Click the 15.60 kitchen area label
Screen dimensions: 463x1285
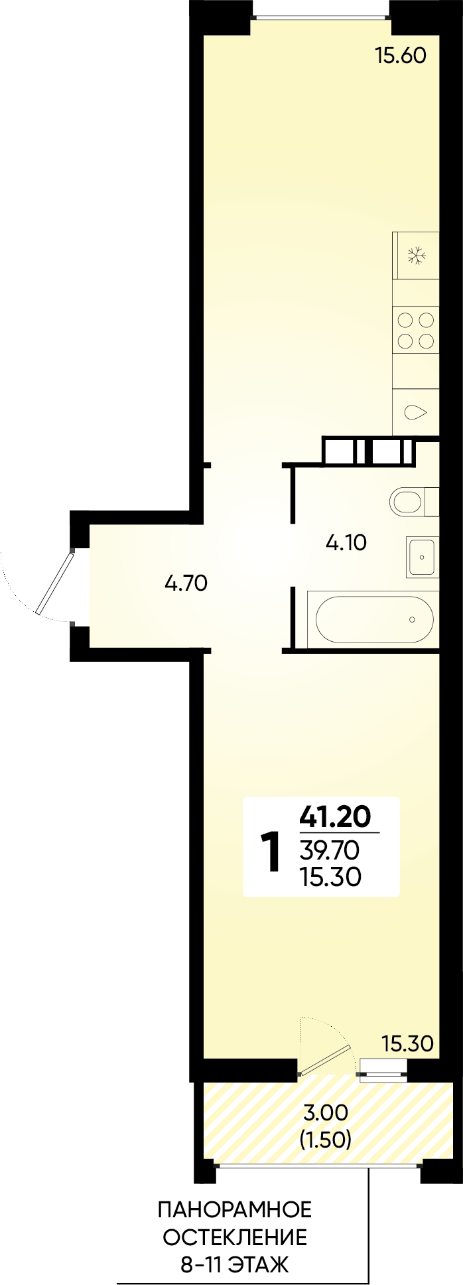click(x=400, y=56)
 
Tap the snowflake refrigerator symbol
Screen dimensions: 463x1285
click(x=416, y=256)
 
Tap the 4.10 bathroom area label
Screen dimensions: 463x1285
click(x=346, y=544)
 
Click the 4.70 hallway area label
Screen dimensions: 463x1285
click(x=186, y=583)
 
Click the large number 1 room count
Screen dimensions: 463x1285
click(x=271, y=854)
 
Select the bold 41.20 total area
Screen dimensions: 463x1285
click(x=335, y=816)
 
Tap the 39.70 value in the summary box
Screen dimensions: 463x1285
click(x=329, y=849)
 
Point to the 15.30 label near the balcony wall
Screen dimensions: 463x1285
click(x=407, y=1043)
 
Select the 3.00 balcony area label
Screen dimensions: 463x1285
click(x=326, y=1112)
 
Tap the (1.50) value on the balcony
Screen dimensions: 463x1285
click(x=325, y=1140)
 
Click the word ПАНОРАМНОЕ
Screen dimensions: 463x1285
click(x=234, y=1210)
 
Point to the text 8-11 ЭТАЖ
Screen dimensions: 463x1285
click(x=235, y=1265)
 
